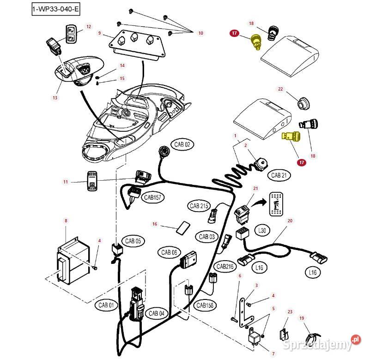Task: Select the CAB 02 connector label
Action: click(x=182, y=144)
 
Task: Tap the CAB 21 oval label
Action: click(x=279, y=175)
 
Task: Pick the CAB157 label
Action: click(x=152, y=197)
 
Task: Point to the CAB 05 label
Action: click(x=133, y=241)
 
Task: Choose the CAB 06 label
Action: click(x=169, y=252)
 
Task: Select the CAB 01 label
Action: click(x=106, y=305)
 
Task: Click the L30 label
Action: click(x=262, y=230)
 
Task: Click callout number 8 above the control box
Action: click(x=66, y=221)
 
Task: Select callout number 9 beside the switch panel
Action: click(x=99, y=33)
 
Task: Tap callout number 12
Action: click(x=89, y=27)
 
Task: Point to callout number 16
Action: click(x=155, y=224)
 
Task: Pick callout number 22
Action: click(x=280, y=89)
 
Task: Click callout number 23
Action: click(x=290, y=312)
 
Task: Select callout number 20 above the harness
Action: click(x=290, y=221)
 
